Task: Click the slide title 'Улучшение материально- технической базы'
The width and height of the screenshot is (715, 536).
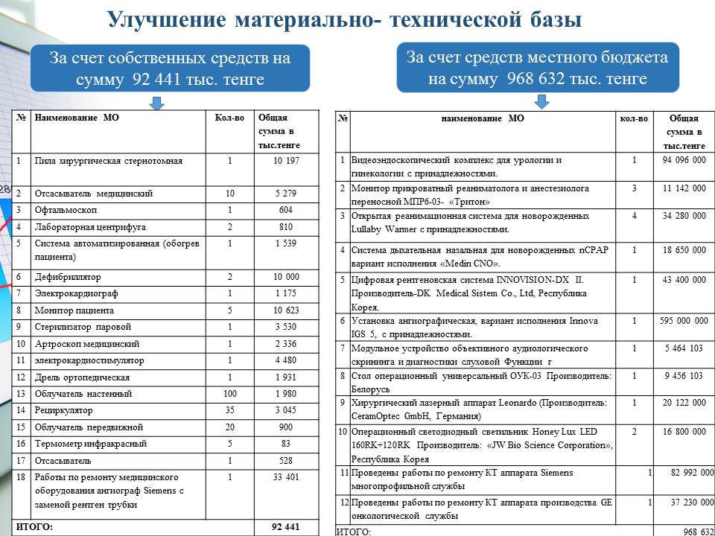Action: click(x=343, y=19)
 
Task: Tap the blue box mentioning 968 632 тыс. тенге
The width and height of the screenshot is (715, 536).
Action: click(x=537, y=68)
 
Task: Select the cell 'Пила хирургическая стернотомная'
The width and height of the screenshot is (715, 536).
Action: click(x=108, y=161)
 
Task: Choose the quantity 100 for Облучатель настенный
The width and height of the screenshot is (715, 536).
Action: click(x=229, y=394)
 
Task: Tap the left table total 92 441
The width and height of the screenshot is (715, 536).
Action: click(x=285, y=527)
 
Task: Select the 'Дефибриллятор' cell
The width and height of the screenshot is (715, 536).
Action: click(x=68, y=277)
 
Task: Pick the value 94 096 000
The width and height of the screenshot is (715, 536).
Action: click(x=683, y=160)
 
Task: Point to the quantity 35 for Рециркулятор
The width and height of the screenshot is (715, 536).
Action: click(x=229, y=411)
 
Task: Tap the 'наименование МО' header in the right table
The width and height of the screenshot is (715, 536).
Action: click(x=482, y=118)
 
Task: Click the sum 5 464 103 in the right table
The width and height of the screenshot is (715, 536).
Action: click(x=683, y=348)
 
